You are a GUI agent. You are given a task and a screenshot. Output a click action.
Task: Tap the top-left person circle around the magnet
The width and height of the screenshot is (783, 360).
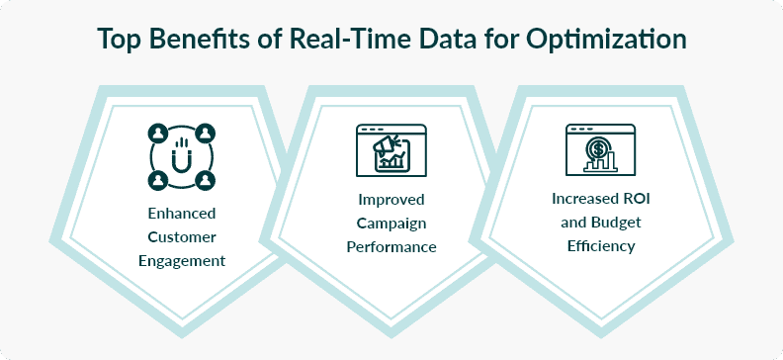[156, 132]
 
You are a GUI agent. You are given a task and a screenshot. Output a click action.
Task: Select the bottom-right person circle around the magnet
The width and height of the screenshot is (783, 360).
[205, 180]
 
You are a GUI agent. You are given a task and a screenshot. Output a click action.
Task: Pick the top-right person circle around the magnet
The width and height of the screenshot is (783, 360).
[205, 132]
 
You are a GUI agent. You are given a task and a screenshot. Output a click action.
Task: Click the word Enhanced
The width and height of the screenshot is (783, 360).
[180, 214]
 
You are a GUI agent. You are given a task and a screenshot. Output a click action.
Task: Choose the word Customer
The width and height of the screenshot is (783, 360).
[180, 237]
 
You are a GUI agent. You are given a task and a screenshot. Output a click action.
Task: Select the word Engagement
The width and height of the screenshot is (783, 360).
[180, 261]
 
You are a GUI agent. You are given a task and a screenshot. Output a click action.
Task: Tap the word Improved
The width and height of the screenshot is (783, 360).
[391, 199]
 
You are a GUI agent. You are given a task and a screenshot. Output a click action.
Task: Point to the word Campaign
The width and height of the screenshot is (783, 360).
[391, 223]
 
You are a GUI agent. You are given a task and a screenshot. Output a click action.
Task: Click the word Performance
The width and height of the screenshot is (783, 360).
[391, 247]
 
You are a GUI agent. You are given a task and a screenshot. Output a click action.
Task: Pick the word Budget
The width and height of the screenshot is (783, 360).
[621, 223]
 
